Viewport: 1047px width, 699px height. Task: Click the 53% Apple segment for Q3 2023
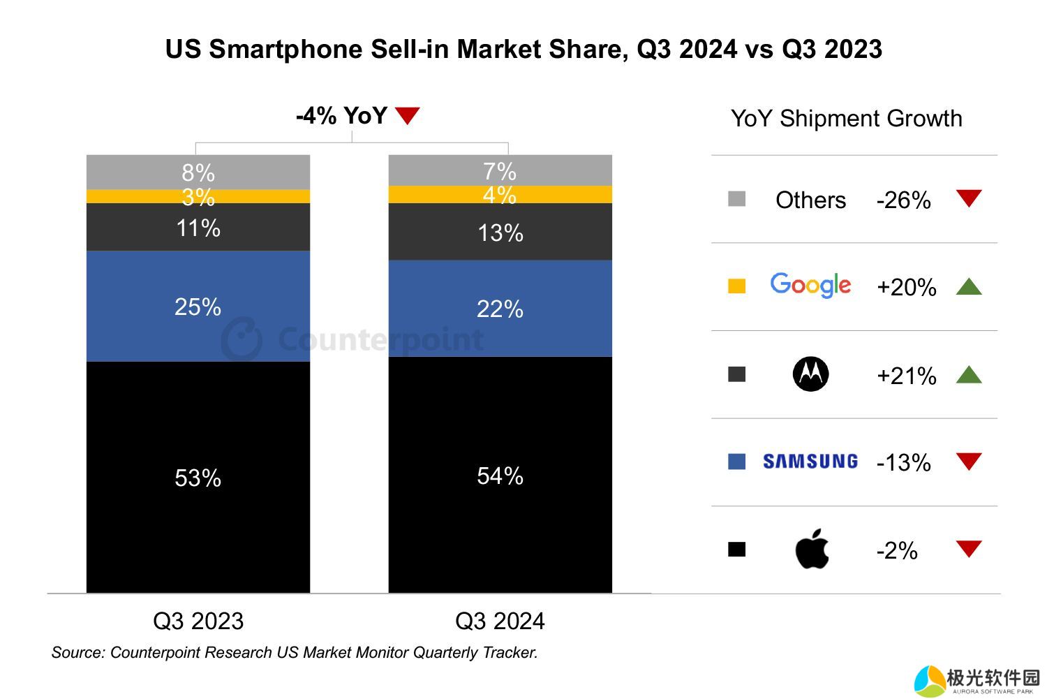pyautogui.click(x=198, y=477)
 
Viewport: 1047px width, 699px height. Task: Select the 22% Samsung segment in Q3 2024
pyautogui.click(x=500, y=308)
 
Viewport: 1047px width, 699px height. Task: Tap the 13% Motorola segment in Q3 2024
pyautogui.click(x=500, y=232)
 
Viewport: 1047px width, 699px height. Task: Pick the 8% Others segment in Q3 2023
pyautogui.click(x=198, y=172)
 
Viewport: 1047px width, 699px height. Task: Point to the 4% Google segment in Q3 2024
pyautogui.click(x=500, y=195)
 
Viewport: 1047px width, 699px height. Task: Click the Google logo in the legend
pyautogui.click(x=810, y=286)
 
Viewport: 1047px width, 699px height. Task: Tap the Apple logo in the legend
pyautogui.click(x=812, y=549)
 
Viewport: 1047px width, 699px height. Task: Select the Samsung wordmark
pyautogui.click(x=810, y=462)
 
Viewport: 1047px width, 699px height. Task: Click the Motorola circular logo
pyautogui.click(x=811, y=374)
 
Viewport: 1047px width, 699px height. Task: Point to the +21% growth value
pyautogui.click(x=906, y=376)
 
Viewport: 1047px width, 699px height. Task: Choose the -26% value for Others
pyautogui.click(x=903, y=200)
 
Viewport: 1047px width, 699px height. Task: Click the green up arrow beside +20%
pyautogui.click(x=969, y=286)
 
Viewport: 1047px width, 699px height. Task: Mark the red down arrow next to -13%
pyautogui.click(x=969, y=461)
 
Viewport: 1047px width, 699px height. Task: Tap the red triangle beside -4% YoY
pyautogui.click(x=408, y=115)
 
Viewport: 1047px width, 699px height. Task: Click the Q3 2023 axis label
pyautogui.click(x=198, y=621)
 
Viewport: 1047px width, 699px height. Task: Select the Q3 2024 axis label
pyautogui.click(x=500, y=621)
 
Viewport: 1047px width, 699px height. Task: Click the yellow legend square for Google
pyautogui.click(x=737, y=286)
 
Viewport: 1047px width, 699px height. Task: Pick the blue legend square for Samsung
pyautogui.click(x=737, y=462)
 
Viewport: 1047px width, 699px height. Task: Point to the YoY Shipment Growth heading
pyautogui.click(x=846, y=119)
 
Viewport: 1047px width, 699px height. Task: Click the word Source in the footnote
pyautogui.click(x=76, y=653)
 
